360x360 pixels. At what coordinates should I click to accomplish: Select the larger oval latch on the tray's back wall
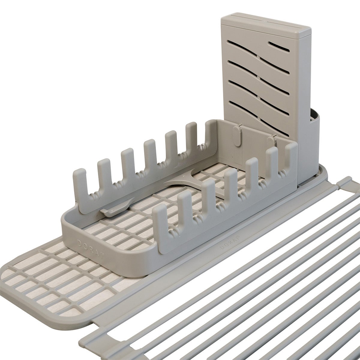coord(237,136)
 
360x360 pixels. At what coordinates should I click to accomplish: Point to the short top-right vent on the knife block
coord(282,46)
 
